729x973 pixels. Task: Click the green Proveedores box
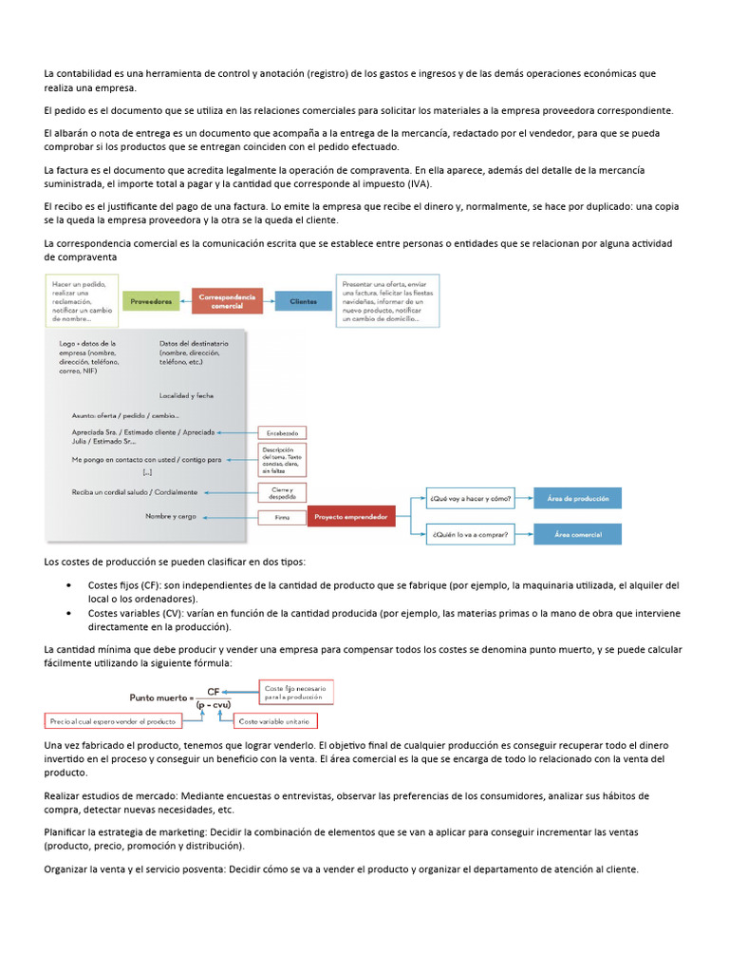[152, 301]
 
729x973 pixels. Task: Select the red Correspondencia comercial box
[227, 301]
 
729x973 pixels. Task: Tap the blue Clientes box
[304, 301]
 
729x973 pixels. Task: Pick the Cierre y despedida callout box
[282, 492]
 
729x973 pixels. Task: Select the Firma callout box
[282, 518]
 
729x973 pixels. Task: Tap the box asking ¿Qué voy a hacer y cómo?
[470, 498]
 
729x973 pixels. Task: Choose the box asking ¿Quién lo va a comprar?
[470, 535]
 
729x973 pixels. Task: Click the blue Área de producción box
[578, 498]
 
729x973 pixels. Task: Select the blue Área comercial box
[578, 535]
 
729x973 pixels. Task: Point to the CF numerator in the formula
[214, 693]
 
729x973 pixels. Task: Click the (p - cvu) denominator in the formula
[214, 705]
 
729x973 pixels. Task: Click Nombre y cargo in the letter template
[171, 516]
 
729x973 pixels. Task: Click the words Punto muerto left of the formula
[159, 697]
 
